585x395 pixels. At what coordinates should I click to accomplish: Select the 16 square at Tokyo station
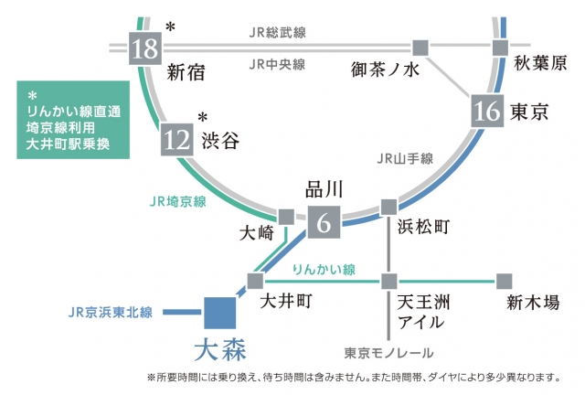click(486, 112)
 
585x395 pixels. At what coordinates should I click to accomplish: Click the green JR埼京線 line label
click(175, 200)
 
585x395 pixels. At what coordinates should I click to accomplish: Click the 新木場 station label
click(533, 303)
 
